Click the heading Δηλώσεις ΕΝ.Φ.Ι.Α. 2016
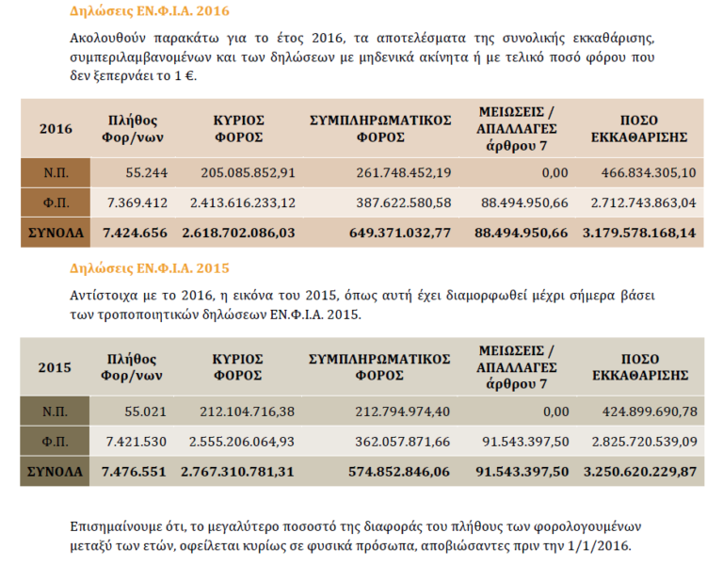150,12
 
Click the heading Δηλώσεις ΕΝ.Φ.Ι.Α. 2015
150,268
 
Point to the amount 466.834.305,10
647,172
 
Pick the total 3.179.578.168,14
640,232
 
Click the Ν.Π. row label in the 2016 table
56,172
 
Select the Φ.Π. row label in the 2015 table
56,441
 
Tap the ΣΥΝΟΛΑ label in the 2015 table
56,470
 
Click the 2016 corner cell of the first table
56,129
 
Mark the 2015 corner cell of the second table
56,367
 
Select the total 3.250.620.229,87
640,470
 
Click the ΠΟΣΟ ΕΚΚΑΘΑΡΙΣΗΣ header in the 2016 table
640,129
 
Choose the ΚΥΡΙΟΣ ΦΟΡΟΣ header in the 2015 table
238,367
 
